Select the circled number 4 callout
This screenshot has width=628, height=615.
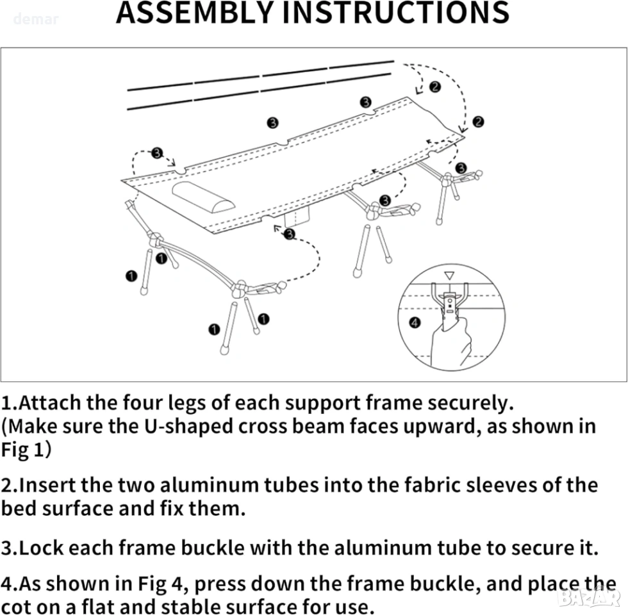click(x=415, y=322)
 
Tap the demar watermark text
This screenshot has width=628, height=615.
click(x=36, y=19)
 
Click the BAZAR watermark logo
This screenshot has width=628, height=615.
click(x=589, y=597)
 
